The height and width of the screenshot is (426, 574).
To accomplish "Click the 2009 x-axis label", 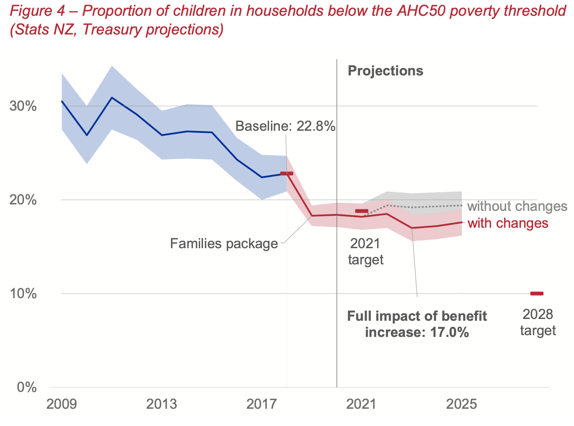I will [62, 404].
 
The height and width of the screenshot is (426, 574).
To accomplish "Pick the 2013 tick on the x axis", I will [162, 404].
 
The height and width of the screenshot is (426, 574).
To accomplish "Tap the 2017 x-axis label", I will [261, 404].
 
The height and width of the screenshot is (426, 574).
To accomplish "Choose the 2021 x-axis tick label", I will [361, 404].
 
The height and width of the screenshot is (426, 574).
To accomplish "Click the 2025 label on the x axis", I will [461, 404].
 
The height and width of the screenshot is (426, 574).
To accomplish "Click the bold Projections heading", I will [385, 71].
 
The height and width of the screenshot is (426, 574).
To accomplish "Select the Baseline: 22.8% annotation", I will [285, 126].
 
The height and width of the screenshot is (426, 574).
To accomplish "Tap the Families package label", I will [224, 244].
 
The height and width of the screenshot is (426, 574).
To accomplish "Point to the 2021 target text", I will [366, 251].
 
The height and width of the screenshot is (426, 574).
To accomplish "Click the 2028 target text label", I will [538, 323].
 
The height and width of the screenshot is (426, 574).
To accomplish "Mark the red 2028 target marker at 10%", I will [537, 293].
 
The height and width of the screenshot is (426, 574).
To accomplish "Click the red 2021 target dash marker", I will [362, 211].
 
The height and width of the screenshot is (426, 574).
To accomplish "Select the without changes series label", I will [517, 207].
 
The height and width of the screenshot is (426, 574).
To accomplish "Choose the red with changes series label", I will [508, 223].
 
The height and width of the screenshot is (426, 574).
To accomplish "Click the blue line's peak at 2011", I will [112, 97].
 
